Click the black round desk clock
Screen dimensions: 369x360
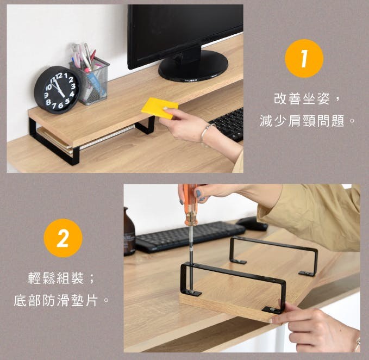pyautogui.click(x=57, y=90)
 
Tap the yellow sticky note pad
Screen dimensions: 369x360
pyautogui.click(x=160, y=108)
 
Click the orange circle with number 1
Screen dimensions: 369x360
pyautogui.click(x=304, y=58)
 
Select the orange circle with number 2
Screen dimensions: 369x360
pyautogui.click(x=63, y=238)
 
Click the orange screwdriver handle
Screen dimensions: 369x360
pyautogui.click(x=190, y=204)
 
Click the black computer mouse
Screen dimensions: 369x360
pyautogui.click(x=252, y=224)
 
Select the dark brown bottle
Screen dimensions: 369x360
pyautogui.click(x=129, y=232)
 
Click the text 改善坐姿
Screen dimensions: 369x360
pyautogui.click(x=302, y=98)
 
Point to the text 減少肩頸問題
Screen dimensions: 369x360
pyautogui.click(x=302, y=121)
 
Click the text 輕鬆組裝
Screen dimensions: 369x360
pyautogui.click(x=56, y=278)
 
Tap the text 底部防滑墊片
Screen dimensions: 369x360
pyautogui.click(x=55, y=300)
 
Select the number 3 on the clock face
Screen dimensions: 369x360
pyautogui.click(x=73, y=86)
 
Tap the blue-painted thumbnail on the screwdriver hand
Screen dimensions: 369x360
pyautogui.click(x=198, y=194)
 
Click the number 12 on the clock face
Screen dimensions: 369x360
pyautogui.click(x=59, y=76)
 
